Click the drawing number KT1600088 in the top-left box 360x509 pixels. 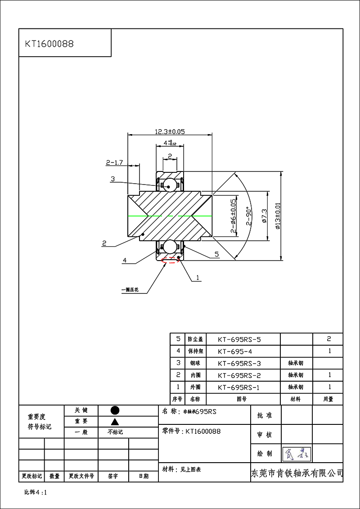(x=49, y=44)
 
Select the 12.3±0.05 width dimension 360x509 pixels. (x=170, y=131)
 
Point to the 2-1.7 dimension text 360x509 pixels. (x=114, y=162)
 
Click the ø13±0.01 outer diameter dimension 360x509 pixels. (x=278, y=216)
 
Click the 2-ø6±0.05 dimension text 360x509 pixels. (x=233, y=216)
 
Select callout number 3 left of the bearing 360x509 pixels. (x=112, y=179)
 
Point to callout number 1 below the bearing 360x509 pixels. (x=197, y=278)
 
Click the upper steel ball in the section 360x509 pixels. (x=170, y=184)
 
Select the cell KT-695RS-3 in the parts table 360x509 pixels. (x=239, y=363)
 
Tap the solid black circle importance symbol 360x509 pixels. (x=115, y=410)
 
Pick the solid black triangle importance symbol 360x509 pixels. (x=115, y=422)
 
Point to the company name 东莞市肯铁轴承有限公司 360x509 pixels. (x=297, y=473)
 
